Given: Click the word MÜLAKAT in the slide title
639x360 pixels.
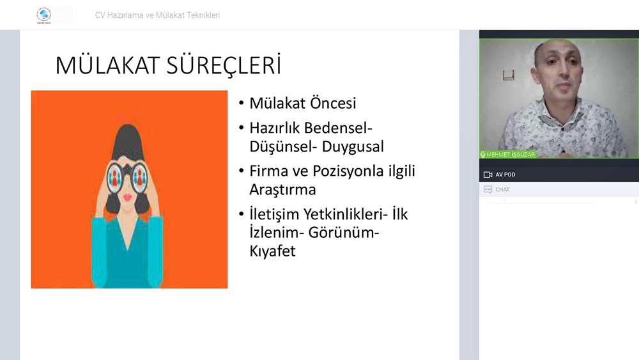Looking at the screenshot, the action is pyautogui.click(x=107, y=66).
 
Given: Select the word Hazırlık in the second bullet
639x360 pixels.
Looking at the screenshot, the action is pyautogui.click(x=275, y=128).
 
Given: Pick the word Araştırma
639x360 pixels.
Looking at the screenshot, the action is pyautogui.click(x=282, y=190).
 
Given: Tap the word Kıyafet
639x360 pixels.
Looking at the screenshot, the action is pyautogui.click(x=272, y=251).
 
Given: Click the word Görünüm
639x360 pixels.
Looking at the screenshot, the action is pyautogui.click(x=341, y=232).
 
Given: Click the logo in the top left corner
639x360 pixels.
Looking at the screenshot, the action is pyautogui.click(x=44, y=15).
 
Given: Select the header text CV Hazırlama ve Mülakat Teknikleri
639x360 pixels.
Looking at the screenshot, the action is pyautogui.click(x=157, y=15).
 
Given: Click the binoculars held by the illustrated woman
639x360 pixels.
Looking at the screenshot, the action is pyautogui.click(x=127, y=177).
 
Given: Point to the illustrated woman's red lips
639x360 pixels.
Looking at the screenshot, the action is pyautogui.click(x=128, y=198).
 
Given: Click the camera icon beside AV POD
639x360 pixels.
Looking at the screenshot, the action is pyautogui.click(x=488, y=175).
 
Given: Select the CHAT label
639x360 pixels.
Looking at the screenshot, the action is pyautogui.click(x=502, y=189).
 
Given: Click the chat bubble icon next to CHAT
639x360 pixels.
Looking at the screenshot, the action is pyautogui.click(x=488, y=189).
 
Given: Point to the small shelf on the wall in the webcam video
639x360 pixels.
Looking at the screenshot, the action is pyautogui.click(x=508, y=75).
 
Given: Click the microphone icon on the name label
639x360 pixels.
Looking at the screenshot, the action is pyautogui.click(x=482, y=155).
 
